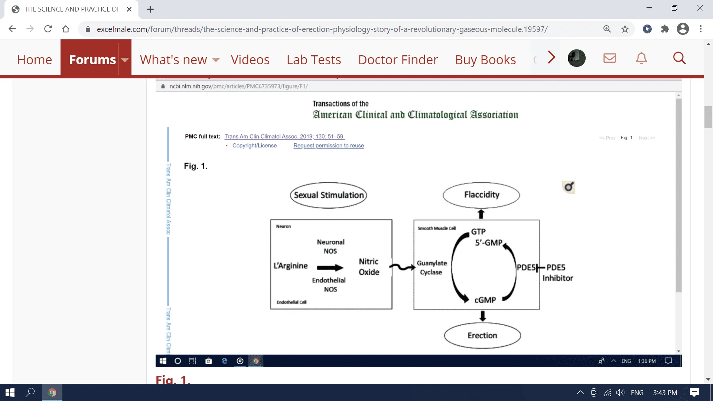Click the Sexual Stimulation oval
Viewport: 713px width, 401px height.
329,195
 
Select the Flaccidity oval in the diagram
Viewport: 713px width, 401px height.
481,195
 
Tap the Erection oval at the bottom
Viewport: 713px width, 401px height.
482,336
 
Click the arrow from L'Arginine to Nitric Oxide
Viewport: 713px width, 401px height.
330,268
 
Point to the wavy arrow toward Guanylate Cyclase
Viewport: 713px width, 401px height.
402,267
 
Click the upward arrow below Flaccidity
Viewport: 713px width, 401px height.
481,214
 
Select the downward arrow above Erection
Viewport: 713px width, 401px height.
482,316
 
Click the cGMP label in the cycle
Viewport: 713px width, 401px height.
485,300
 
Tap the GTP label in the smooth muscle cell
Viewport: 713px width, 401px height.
478,232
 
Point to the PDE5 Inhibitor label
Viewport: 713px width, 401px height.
557,273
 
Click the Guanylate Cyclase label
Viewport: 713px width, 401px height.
432,268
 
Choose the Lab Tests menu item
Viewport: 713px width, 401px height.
313,60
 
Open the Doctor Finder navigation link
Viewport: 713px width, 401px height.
398,60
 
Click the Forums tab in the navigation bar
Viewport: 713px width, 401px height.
92,60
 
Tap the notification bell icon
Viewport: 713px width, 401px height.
641,58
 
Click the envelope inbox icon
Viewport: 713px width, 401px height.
609,58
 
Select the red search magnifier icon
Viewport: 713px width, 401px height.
679,58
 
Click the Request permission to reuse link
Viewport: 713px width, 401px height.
328,146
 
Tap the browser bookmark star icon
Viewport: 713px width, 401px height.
625,29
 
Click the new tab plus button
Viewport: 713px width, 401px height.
150,9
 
